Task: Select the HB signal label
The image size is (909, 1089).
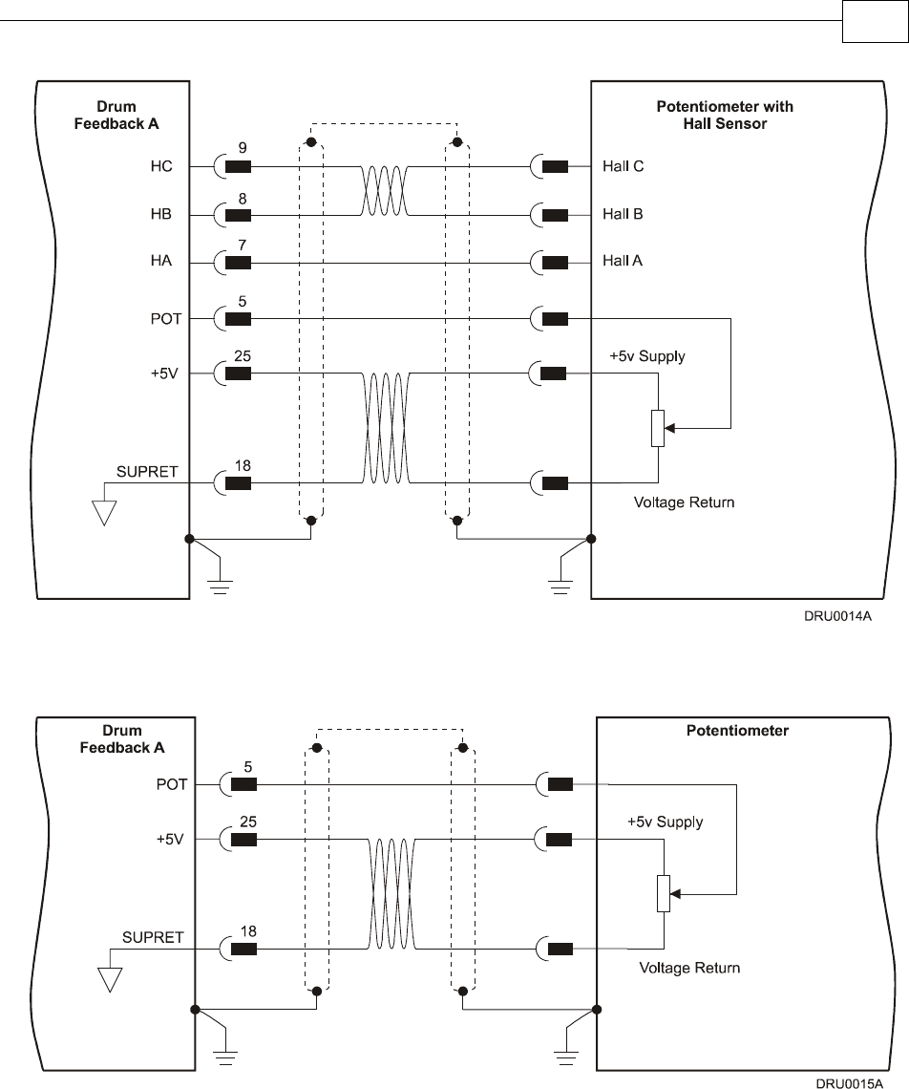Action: [x=161, y=214]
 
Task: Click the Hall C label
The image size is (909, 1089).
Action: [x=623, y=166]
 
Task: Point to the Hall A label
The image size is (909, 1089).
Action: [x=623, y=260]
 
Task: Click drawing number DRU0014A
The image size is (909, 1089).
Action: [x=837, y=618]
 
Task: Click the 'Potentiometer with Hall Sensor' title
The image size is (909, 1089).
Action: [x=725, y=115]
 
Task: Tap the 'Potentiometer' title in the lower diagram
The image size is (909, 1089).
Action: [x=737, y=731]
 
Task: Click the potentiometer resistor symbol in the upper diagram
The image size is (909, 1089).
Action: [x=658, y=429]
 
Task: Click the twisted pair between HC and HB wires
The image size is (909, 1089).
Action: [x=385, y=190]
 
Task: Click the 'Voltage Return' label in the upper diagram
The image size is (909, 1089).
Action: [x=685, y=502]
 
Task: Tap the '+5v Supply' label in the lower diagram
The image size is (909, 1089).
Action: [x=665, y=822]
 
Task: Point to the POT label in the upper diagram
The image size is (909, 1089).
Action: [x=165, y=318]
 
